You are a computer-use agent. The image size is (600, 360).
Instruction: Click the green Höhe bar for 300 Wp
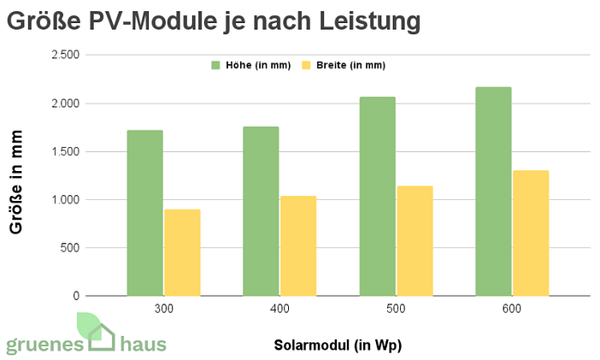(144, 213)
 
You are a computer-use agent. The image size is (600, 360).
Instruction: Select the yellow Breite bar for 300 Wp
(182, 252)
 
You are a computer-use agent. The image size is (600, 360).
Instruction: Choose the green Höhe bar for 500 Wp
(377, 197)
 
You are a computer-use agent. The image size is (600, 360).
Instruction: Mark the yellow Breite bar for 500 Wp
(415, 240)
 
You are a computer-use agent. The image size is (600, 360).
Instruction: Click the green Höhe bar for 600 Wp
(493, 192)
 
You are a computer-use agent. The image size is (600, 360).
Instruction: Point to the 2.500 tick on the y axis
(66, 56)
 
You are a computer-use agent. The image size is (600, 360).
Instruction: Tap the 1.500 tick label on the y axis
(66, 152)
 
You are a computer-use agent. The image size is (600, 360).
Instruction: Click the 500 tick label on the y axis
(69, 248)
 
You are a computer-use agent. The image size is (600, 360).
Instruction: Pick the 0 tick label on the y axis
(76, 296)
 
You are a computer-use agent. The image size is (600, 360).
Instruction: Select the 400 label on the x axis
(279, 309)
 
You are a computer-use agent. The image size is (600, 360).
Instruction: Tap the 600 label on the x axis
(512, 309)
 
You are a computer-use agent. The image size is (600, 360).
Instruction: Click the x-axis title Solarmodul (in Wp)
(338, 345)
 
